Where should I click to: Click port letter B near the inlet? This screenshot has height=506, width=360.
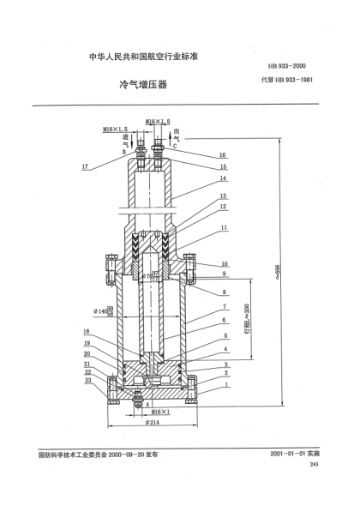click(x=125, y=151)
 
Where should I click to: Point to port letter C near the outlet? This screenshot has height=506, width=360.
click(x=176, y=146)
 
